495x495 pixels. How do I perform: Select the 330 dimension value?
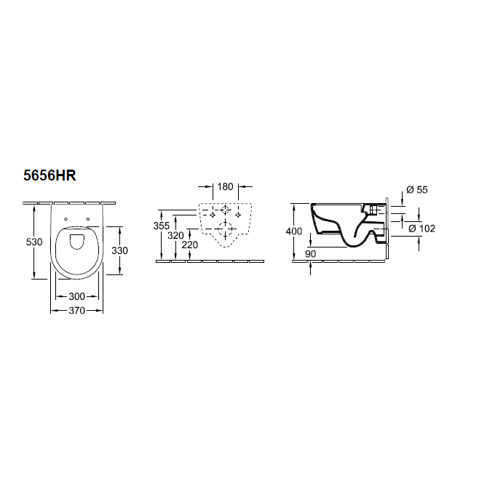(x=119, y=250)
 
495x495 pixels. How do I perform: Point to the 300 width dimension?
(x=76, y=296)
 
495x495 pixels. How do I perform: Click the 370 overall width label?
(x=76, y=310)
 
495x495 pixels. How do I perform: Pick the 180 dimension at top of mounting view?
(x=226, y=187)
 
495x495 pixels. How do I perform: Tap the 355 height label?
(x=162, y=226)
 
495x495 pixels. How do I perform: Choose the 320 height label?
(x=176, y=235)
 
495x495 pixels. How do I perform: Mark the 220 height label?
(x=189, y=245)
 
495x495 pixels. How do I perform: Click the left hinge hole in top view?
(x=66, y=219)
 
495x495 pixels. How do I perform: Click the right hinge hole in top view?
(x=88, y=219)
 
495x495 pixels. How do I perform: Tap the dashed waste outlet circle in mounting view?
(x=226, y=233)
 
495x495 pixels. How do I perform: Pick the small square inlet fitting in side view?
(x=375, y=210)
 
